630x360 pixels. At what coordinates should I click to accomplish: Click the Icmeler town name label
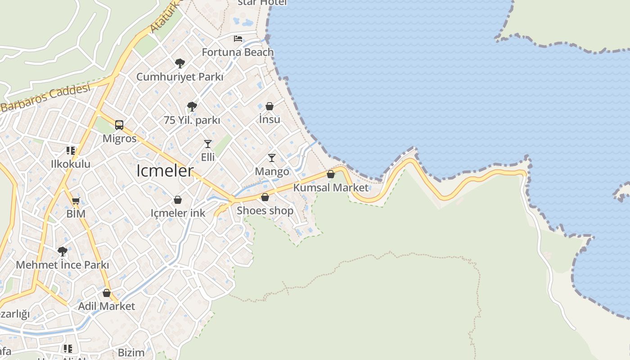(165, 171)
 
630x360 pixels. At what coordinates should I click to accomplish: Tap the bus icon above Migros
(119, 125)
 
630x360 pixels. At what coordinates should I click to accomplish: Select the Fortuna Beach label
(238, 52)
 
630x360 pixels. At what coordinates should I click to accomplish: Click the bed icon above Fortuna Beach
(238, 39)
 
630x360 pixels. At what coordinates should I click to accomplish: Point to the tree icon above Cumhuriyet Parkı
(180, 63)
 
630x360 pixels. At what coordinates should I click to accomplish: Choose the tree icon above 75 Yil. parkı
(192, 107)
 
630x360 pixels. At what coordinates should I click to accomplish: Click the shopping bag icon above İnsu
(270, 106)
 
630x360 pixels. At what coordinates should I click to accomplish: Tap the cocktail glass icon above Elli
(208, 144)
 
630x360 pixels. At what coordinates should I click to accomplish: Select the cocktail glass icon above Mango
(272, 158)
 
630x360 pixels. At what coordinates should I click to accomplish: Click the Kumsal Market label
(331, 188)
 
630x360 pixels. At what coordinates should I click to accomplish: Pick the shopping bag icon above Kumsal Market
(331, 174)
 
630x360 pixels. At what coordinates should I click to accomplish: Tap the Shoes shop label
(265, 211)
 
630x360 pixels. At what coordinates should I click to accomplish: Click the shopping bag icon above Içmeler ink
(178, 200)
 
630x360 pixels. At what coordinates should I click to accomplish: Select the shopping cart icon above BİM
(76, 201)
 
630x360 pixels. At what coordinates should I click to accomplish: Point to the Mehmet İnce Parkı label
(63, 265)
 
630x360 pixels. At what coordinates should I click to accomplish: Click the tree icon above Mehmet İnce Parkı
(63, 251)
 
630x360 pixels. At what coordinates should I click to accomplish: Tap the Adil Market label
(107, 306)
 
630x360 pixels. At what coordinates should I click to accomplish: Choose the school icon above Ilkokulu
(70, 150)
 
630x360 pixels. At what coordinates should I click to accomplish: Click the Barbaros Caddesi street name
(45, 98)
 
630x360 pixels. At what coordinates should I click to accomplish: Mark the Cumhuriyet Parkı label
(180, 77)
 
